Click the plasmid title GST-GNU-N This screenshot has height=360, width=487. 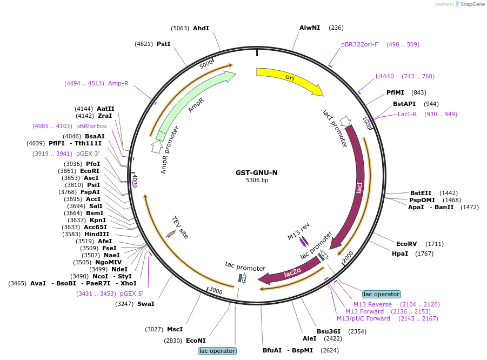click(x=257, y=173)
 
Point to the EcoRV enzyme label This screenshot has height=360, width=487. click(x=406, y=244)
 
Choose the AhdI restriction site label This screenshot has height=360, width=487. click(x=201, y=28)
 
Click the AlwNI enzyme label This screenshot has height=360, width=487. click(x=310, y=28)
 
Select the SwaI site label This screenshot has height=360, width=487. click(x=145, y=304)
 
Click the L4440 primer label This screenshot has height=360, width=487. click(x=385, y=76)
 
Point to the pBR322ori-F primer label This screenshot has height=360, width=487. click(x=359, y=44)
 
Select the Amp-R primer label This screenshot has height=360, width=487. click(x=118, y=83)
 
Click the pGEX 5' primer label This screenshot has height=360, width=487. click(x=132, y=294)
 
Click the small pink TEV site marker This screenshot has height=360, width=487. click(x=170, y=234)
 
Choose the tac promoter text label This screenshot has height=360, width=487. click(x=245, y=268)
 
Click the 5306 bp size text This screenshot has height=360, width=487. click(x=257, y=181)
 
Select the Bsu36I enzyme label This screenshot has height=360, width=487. click(x=329, y=331)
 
